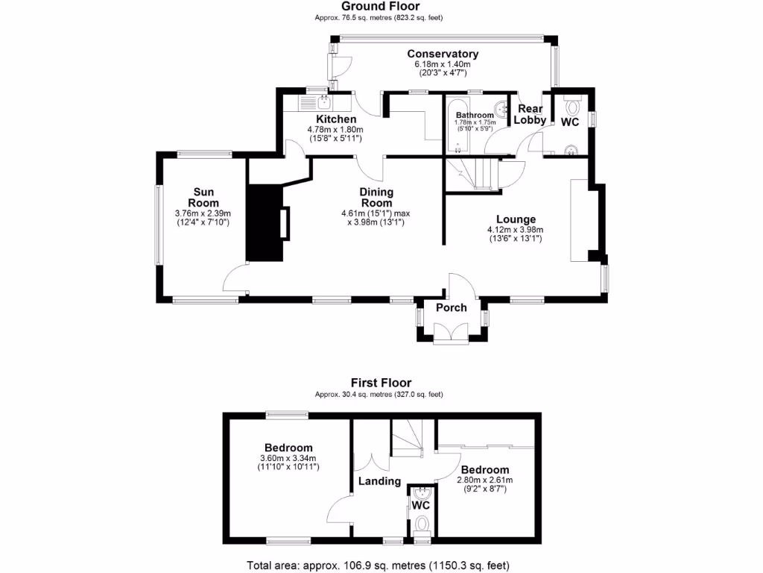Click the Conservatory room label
click(x=443, y=54)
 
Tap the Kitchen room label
click(x=336, y=119)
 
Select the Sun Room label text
click(x=203, y=197)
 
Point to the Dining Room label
click(x=376, y=197)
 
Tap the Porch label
click(x=451, y=307)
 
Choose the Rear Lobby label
click(x=531, y=114)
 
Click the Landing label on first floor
click(x=379, y=481)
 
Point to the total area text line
click(x=379, y=565)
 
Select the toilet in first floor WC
click(x=422, y=522)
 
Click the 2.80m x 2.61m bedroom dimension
click(x=485, y=480)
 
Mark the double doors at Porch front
click(x=452, y=334)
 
